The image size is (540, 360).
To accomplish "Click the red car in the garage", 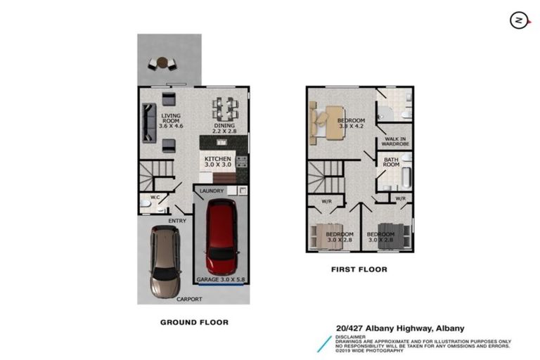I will (x=220, y=238).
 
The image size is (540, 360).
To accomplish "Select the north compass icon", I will (x=520, y=21).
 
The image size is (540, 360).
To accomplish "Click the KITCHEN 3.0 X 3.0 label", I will (x=218, y=163).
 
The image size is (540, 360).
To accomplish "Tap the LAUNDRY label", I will (x=212, y=191).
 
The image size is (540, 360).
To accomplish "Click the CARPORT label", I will (x=189, y=299).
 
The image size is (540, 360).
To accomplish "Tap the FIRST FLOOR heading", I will (x=359, y=269).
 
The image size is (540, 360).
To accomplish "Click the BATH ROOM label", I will (x=391, y=163).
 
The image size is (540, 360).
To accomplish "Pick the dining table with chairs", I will (x=226, y=108).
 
